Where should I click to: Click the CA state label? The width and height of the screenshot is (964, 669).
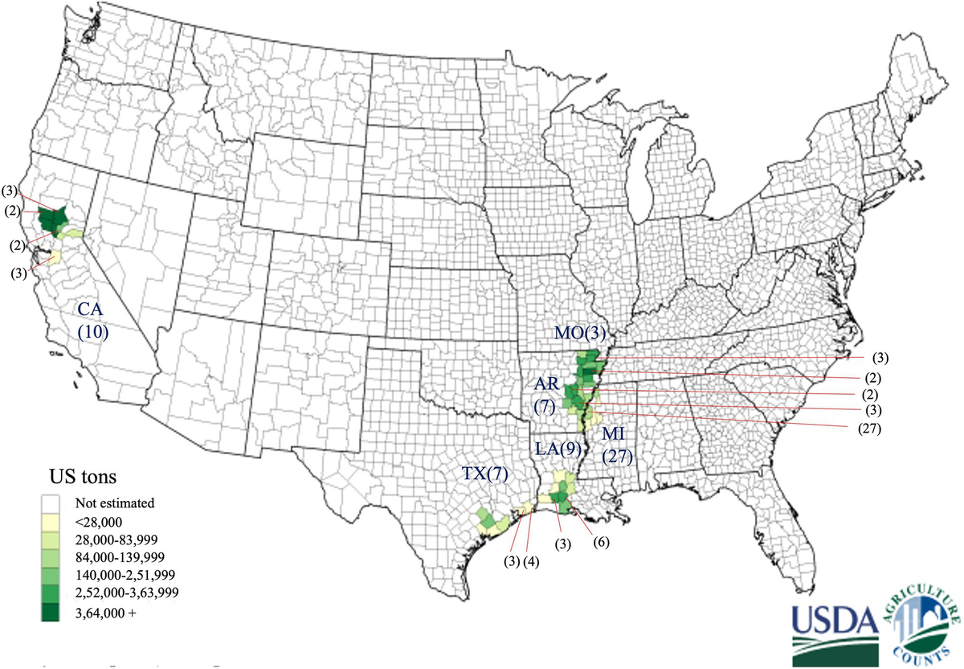pos(92,309)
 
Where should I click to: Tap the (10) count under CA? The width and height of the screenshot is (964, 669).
pos(93,330)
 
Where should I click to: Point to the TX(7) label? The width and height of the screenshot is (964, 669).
pos(485,474)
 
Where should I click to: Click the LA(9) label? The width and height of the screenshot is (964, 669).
pos(553,448)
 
